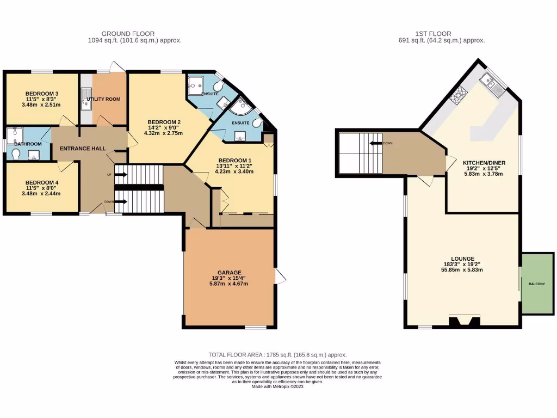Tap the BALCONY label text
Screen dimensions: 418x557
tap(536, 284)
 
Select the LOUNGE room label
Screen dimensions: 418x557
tap(462, 259)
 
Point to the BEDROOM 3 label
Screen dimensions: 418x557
tap(42, 93)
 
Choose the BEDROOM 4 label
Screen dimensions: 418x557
tap(42, 182)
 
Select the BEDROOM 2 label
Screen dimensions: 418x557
tap(164, 122)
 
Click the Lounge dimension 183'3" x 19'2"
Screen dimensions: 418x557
tap(462, 264)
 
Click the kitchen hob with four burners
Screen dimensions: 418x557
tap(458, 95)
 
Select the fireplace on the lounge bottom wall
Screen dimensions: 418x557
tap(465, 321)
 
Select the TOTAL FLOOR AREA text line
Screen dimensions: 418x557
tap(277, 354)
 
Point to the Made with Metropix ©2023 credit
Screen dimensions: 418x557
tap(277, 386)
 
